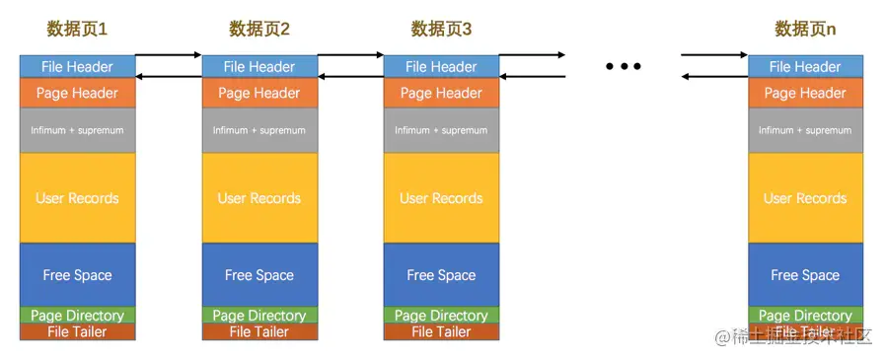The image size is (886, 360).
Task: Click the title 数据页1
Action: [77, 30]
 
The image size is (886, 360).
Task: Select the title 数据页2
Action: [258, 30]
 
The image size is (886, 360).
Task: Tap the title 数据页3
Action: [441, 30]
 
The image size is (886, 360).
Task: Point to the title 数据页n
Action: [805, 30]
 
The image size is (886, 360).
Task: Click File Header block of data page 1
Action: [77, 67]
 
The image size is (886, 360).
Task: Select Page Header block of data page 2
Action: [258, 94]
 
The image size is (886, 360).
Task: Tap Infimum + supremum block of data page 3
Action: [441, 130]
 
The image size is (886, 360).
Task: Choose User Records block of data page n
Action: [805, 198]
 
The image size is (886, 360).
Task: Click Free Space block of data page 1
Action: [77, 275]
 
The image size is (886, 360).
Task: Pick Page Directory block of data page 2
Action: [258, 316]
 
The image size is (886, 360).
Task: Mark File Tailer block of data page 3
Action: [441, 332]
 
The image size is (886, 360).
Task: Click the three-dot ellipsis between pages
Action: [624, 66]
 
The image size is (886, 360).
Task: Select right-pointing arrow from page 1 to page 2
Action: [168, 55]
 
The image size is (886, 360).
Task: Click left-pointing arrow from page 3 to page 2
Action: [350, 76]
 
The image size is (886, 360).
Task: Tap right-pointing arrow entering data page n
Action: [714, 55]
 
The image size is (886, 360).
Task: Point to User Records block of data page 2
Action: [258, 198]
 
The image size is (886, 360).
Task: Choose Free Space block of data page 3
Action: [441, 275]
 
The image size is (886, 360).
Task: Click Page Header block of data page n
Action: [805, 94]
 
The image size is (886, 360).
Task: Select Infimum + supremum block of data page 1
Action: [77, 130]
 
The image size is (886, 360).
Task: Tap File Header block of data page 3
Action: [441, 67]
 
